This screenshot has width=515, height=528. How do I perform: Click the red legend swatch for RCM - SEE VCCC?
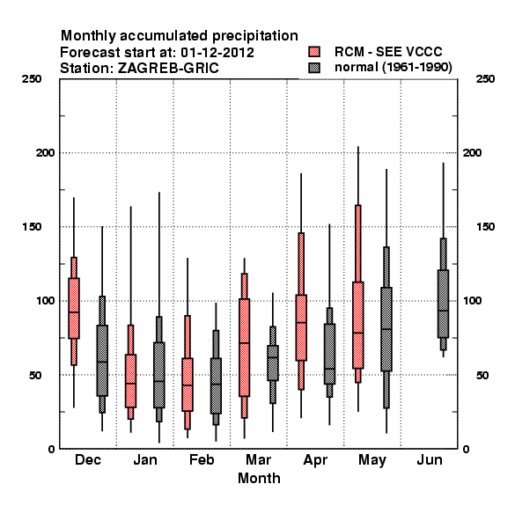pyautogui.click(x=314, y=52)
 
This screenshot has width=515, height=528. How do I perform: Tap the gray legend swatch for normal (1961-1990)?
pyautogui.click(x=314, y=68)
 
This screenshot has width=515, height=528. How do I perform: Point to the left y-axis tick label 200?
pyautogui.click(x=45, y=152)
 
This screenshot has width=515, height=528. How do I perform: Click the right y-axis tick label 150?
pyautogui.click(x=485, y=227)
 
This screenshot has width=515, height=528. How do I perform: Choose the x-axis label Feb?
pyautogui.click(x=202, y=459)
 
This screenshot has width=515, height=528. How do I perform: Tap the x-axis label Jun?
pyautogui.click(x=430, y=459)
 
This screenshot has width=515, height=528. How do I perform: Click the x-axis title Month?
pyautogui.click(x=259, y=478)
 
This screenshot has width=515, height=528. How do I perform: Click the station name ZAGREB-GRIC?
pyautogui.click(x=168, y=69)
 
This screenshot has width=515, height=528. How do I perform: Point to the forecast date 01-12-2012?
pyautogui.click(x=217, y=53)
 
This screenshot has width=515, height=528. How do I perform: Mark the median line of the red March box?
pyautogui.click(x=244, y=343)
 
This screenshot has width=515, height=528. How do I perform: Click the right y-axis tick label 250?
pyautogui.click(x=485, y=79)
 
